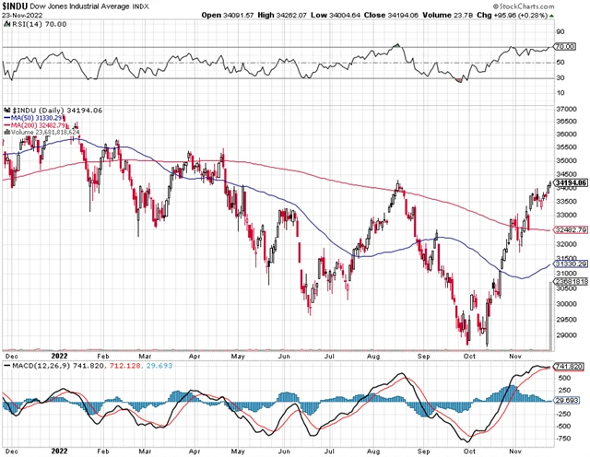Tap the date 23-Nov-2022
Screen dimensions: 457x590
(x=20, y=16)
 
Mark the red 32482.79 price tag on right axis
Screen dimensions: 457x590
(x=570, y=228)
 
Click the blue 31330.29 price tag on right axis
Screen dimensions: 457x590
(x=570, y=263)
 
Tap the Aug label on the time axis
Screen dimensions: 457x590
(x=372, y=357)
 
